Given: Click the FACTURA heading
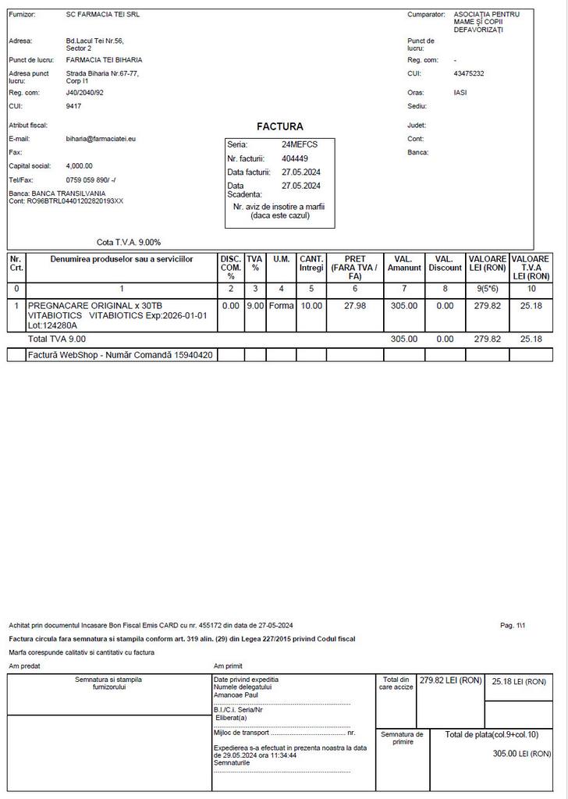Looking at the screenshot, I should (x=279, y=126).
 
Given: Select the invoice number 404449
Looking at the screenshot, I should (x=294, y=158).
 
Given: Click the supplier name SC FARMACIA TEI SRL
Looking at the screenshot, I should (x=103, y=15).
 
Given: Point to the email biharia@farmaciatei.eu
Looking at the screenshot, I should (x=101, y=139).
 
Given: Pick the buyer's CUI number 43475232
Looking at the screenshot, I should (x=468, y=74).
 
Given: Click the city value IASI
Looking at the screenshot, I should (x=460, y=93).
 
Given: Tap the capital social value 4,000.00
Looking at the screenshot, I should (x=79, y=166).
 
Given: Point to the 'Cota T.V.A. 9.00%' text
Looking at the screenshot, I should (x=129, y=243).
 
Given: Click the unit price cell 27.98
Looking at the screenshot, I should (x=354, y=306).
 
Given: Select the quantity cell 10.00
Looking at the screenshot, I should (x=311, y=306).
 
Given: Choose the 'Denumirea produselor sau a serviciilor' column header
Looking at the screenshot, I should (x=122, y=259).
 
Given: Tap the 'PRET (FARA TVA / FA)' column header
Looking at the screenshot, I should (x=354, y=268).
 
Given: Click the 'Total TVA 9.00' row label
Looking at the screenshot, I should (x=57, y=339).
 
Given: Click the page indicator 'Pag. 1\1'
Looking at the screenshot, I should (x=513, y=626).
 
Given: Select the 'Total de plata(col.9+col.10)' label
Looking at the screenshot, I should (x=498, y=735).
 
